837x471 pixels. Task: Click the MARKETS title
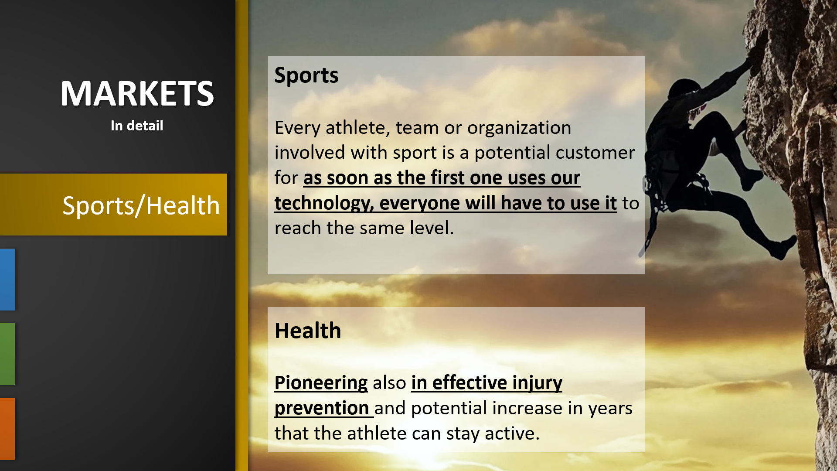137,93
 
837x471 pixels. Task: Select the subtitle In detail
137,126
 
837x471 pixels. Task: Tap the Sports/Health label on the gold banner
141,205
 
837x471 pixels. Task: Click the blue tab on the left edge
7,280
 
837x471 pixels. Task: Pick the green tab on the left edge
7,354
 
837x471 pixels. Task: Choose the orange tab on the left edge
7,429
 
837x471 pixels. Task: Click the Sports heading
306,75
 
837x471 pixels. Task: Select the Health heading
308,331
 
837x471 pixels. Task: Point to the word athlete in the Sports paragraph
358,128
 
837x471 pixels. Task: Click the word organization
519,128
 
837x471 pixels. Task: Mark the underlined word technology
324,203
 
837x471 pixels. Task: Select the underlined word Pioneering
321,383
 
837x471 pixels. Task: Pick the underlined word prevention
322,408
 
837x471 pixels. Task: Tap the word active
512,433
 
